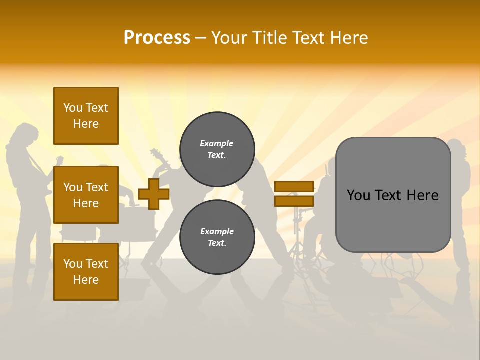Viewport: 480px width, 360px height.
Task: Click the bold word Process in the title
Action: click(157, 37)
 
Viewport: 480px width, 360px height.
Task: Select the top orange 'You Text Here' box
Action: click(86, 116)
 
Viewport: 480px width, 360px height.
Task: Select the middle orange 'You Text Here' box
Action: click(86, 195)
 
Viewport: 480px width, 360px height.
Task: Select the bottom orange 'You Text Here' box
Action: click(86, 271)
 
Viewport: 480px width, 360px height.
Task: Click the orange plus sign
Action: click(154, 194)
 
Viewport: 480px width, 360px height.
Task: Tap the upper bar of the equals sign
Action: click(294, 186)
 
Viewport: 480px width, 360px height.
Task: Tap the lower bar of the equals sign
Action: click(294, 201)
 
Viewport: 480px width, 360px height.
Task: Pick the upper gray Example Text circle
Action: click(217, 149)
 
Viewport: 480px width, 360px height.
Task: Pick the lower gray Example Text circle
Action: click(217, 237)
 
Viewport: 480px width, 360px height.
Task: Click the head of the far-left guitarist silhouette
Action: click(25, 134)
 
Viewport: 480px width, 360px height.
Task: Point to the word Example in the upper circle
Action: click(217, 143)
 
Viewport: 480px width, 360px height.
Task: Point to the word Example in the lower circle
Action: click(217, 231)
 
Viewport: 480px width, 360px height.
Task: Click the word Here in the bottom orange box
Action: click(86, 280)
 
